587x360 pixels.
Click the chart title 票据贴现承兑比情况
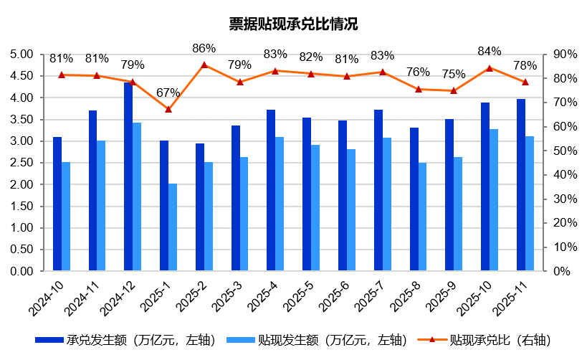(x=292, y=24)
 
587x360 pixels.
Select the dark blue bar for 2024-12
(x=128, y=177)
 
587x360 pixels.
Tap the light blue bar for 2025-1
(x=173, y=227)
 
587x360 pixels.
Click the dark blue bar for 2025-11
(x=521, y=185)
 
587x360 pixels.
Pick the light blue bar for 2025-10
(x=494, y=200)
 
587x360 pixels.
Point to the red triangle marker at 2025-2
(x=204, y=65)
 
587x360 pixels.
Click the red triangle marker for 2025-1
(x=168, y=109)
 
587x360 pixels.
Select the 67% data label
(x=168, y=93)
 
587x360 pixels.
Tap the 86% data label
(x=204, y=49)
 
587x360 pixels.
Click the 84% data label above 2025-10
(x=490, y=52)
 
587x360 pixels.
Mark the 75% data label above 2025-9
(x=454, y=74)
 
